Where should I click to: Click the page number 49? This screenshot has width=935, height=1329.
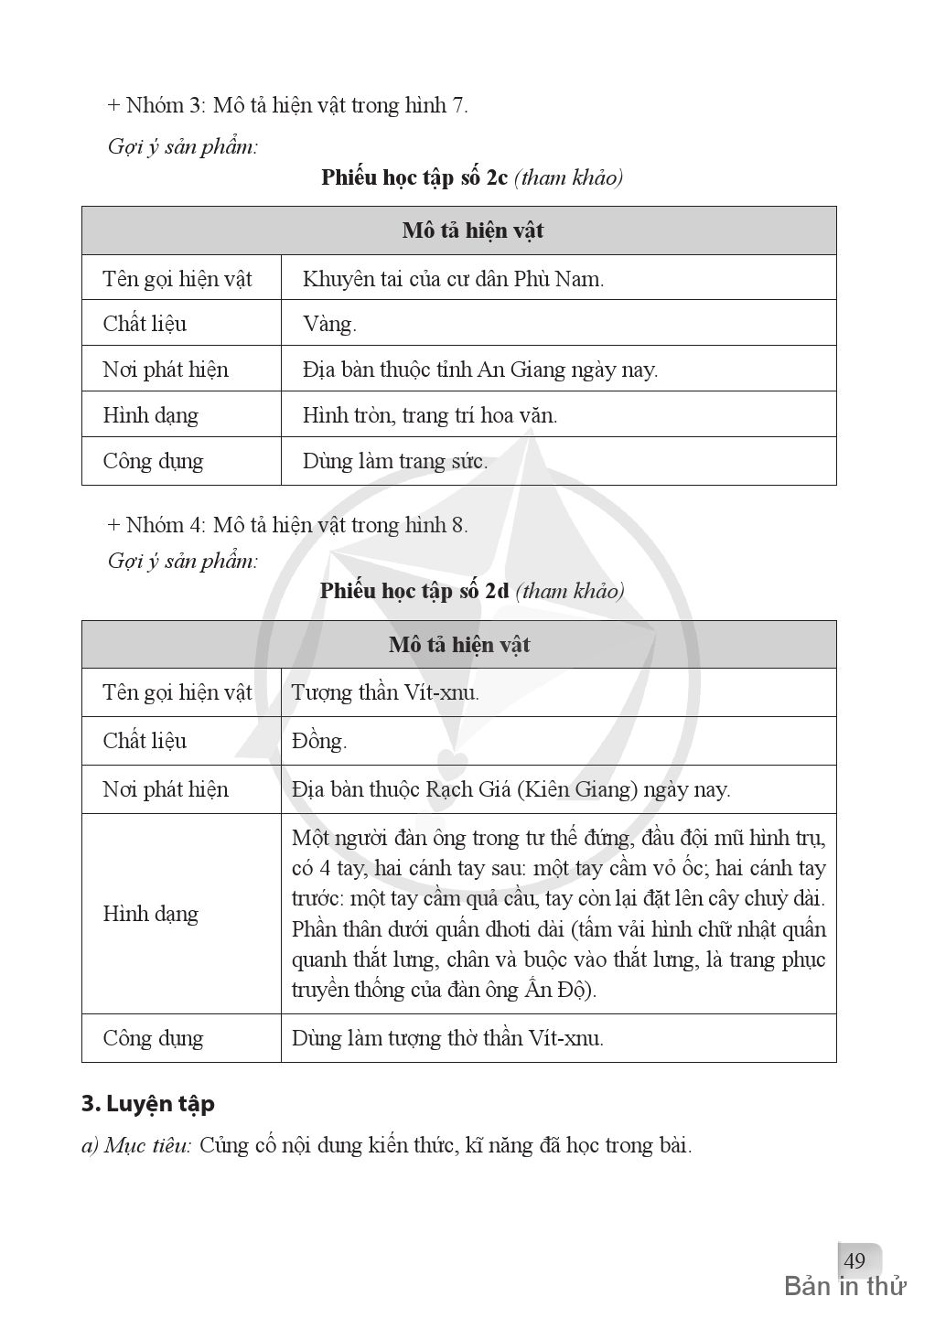[x=854, y=1261]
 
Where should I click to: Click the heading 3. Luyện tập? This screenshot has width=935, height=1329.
[x=148, y=1104]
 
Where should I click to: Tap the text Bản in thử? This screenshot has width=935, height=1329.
[x=844, y=1287]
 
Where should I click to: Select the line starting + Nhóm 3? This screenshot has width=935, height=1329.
[x=287, y=105]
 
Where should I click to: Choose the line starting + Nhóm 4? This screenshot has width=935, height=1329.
[x=287, y=525]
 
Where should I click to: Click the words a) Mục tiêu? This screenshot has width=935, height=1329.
[x=136, y=1145]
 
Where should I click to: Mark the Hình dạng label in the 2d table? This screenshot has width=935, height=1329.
[x=151, y=914]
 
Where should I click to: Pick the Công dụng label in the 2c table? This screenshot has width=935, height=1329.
[x=153, y=461]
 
